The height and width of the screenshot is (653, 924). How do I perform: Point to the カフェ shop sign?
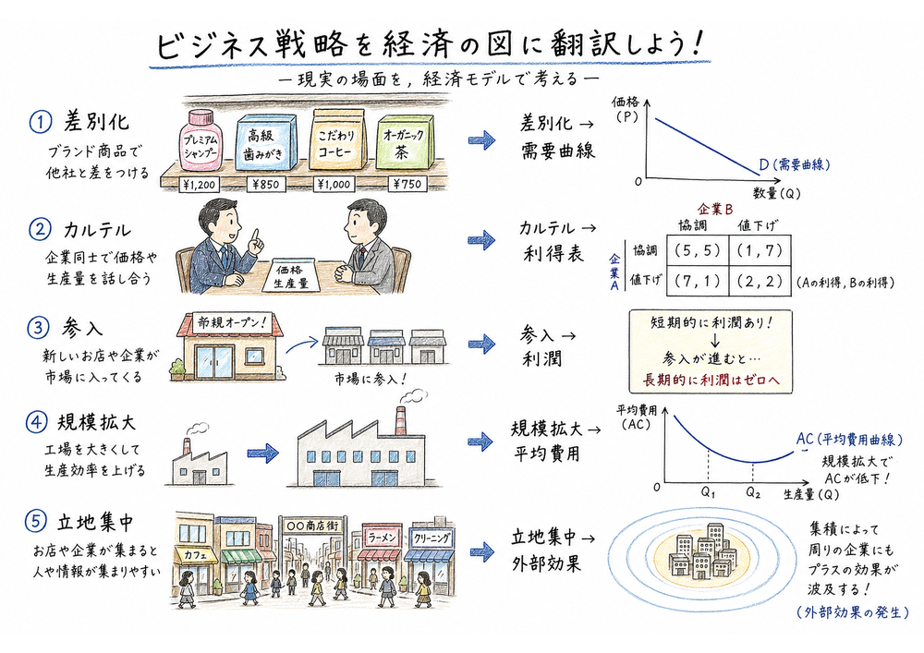pyautogui.click(x=195, y=556)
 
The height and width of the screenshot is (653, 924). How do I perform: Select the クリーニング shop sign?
pyautogui.click(x=432, y=538)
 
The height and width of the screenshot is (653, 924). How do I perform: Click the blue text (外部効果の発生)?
pyautogui.click(x=851, y=611)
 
